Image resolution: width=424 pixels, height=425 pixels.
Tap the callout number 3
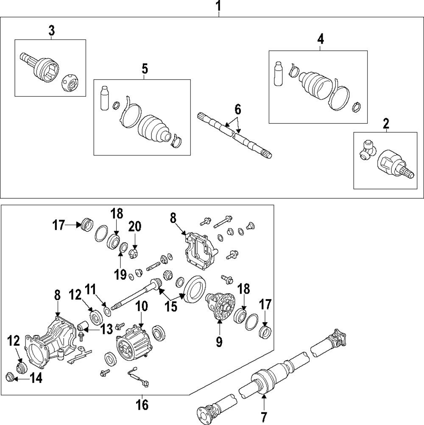[51, 31]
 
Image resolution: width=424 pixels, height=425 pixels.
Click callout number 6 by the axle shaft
[237, 110]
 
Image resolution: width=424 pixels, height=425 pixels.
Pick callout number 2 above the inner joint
[385, 124]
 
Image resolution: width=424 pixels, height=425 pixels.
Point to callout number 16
[142, 405]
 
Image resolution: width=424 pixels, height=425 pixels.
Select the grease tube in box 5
[104, 98]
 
